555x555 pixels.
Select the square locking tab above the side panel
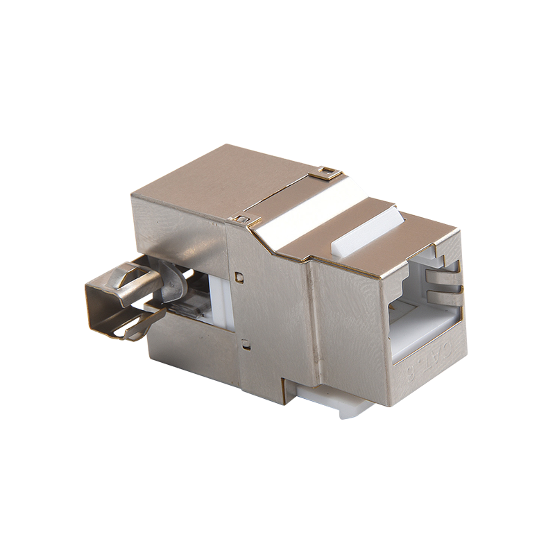(242, 221)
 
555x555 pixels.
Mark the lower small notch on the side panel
(244, 342)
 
